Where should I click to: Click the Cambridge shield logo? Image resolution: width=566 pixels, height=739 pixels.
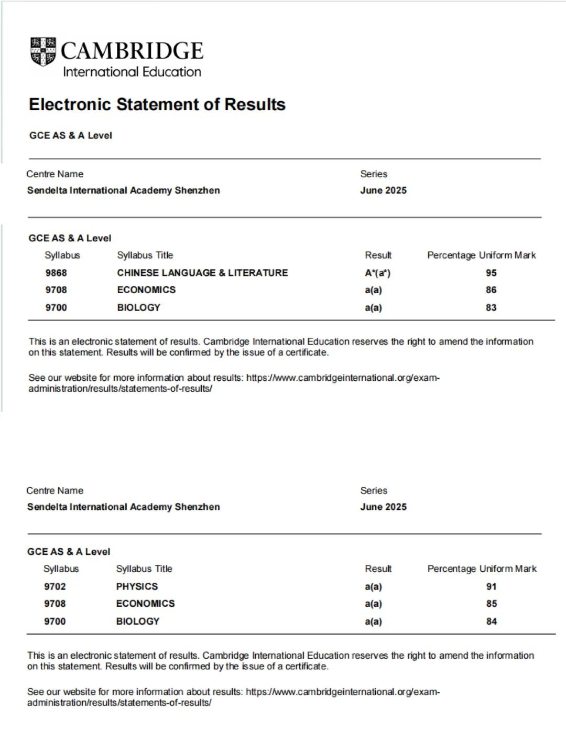(x=43, y=51)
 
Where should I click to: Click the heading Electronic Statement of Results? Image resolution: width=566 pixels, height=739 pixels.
(x=157, y=104)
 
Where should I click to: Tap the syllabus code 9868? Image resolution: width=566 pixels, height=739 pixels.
(x=56, y=273)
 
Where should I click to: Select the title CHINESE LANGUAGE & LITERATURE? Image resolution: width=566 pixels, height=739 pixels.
(x=202, y=273)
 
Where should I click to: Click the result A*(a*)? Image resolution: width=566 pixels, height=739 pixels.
(x=377, y=273)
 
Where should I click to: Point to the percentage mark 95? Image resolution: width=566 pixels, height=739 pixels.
(x=491, y=273)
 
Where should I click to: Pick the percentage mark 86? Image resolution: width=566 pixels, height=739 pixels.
(x=491, y=290)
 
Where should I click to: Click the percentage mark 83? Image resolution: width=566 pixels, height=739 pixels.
(x=491, y=307)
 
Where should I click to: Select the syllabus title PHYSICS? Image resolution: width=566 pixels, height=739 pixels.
(x=137, y=586)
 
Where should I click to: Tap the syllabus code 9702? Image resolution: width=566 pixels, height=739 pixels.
(x=55, y=586)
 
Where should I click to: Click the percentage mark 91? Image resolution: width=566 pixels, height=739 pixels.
(x=491, y=586)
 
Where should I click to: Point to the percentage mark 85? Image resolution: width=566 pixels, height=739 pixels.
(x=491, y=604)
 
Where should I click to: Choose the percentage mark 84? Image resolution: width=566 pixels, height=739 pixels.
(x=491, y=621)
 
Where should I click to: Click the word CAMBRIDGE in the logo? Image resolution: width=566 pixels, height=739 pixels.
(x=132, y=51)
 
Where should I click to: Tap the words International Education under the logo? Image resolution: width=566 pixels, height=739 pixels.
(x=132, y=72)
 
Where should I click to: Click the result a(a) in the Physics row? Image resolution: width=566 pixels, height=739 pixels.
(x=373, y=586)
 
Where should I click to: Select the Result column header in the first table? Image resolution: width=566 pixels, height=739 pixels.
(x=378, y=255)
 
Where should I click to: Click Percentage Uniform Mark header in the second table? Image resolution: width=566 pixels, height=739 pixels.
(x=482, y=569)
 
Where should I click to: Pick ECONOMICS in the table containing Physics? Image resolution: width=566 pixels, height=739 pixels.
(x=145, y=604)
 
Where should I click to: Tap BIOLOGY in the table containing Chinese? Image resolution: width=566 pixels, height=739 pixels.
(x=138, y=307)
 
